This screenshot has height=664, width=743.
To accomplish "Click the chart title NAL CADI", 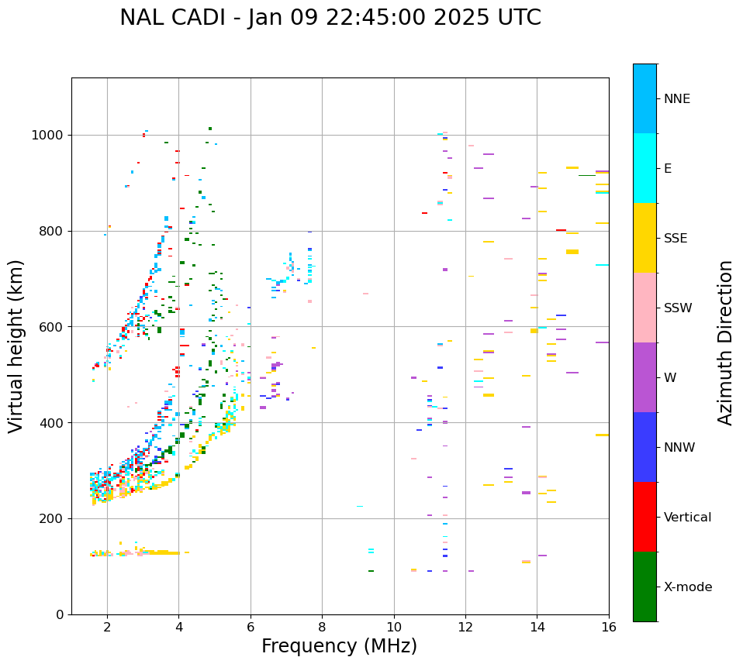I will point(330,18).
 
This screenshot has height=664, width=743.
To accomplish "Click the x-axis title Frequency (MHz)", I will point(339,646).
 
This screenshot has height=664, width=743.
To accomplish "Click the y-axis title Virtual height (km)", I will point(16,346).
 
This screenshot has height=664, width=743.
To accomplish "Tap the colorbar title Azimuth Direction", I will point(725,342).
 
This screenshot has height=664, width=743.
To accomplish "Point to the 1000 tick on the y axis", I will point(51,135).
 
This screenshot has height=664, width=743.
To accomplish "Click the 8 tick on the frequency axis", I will point(322,626).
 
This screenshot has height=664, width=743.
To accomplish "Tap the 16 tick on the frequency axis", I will point(609,626).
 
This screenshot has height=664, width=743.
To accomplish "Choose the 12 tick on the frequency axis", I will point(465,626).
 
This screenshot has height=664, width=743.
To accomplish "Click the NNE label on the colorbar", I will point(677,99).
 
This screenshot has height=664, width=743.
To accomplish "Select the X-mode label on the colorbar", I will point(688,587).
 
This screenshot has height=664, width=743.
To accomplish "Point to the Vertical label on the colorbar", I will point(687,518).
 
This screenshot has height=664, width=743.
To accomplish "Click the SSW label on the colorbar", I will point(678,308).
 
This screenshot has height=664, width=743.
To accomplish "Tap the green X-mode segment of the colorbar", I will point(645,587).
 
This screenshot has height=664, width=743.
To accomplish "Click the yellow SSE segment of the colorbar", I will point(645,238).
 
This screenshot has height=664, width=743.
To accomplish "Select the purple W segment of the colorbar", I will point(645,377).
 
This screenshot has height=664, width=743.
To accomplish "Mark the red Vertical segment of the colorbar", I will point(645,517).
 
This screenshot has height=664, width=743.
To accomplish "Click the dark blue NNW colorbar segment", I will point(645,447).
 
